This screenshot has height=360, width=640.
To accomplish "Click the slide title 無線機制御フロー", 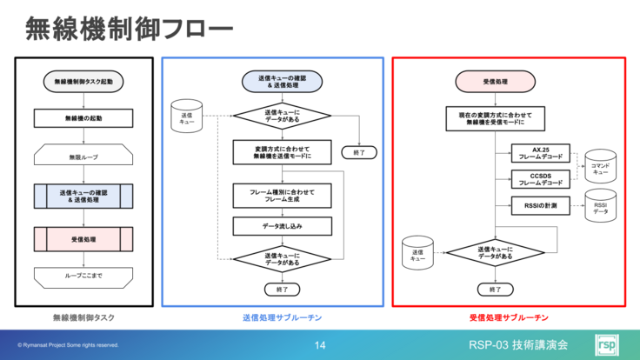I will (x=129, y=30).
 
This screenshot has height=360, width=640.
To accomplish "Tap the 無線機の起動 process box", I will (x=84, y=118).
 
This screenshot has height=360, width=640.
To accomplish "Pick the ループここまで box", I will (x=84, y=276).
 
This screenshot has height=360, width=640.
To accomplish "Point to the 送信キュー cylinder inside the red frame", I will (x=418, y=254).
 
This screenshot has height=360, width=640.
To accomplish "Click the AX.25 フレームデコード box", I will (x=541, y=153).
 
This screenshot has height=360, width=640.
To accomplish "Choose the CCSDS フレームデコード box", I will (x=541, y=179).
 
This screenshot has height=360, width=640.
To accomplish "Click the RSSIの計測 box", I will (x=541, y=205).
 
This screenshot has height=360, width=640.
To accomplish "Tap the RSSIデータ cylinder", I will (x=600, y=207).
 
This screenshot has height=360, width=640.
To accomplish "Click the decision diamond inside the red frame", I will (x=496, y=253).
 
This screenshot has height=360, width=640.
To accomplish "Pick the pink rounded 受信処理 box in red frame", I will (x=496, y=82).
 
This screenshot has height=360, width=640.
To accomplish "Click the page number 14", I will (x=320, y=345).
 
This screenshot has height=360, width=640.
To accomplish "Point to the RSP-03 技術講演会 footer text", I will (x=517, y=345).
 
